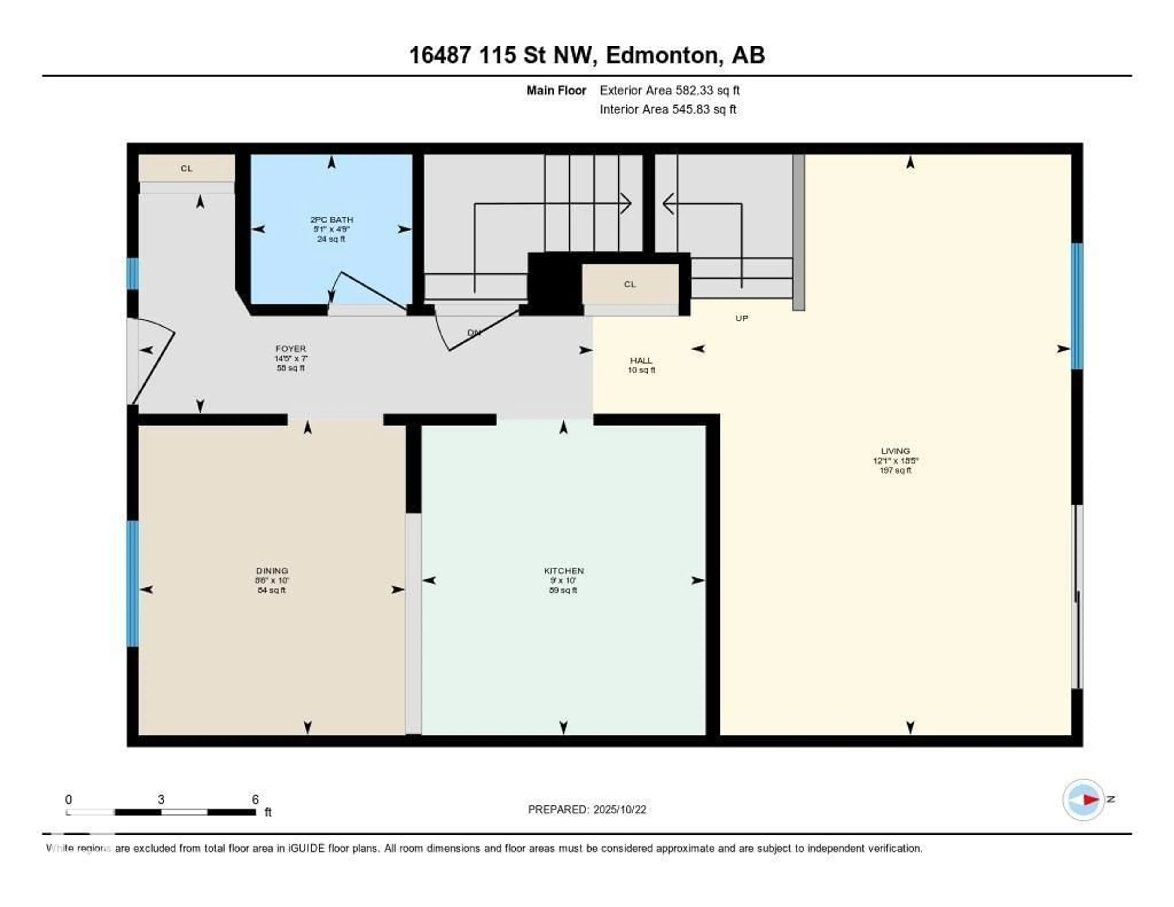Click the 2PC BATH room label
pos(331,219)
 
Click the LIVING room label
pos(895,451)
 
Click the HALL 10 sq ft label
pos(641,365)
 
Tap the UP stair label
pos(741,318)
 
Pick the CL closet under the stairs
pos(629,284)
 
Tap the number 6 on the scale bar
pos(255,799)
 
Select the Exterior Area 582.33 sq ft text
pos(669,90)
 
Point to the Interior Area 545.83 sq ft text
pos(668,109)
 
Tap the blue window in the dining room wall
pos(132,583)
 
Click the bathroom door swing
pos(366,290)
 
